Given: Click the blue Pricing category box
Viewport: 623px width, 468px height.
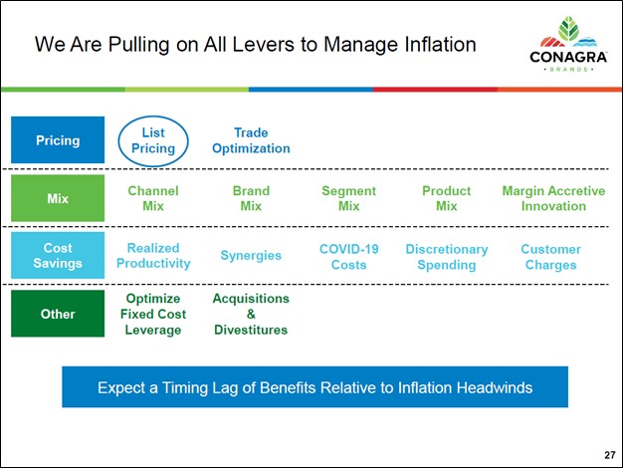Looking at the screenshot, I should click(58, 140).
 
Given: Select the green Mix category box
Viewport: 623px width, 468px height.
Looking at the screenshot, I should click(58, 198).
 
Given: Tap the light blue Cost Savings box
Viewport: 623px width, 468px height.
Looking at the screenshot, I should click(58, 256).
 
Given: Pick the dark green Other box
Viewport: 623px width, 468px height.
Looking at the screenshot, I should click(58, 314).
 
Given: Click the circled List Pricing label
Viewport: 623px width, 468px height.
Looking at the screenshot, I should click(153, 140).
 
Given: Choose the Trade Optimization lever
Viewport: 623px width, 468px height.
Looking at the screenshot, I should click(251, 140).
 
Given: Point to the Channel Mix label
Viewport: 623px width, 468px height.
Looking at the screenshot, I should click(153, 198).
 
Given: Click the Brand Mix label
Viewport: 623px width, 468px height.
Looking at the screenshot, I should click(251, 198).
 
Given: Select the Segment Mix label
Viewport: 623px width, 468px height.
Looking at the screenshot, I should click(348, 198).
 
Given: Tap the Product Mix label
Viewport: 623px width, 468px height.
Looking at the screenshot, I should click(446, 198).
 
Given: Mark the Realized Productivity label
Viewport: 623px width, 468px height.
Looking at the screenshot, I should click(153, 256).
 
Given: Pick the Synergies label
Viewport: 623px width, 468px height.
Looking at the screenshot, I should click(251, 256).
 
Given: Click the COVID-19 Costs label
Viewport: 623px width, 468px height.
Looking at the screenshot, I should click(348, 256).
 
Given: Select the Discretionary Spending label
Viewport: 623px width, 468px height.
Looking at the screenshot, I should click(446, 256).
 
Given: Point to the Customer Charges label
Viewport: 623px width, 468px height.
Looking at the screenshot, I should click(550, 256).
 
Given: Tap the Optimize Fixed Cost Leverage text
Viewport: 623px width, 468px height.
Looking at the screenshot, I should click(153, 314).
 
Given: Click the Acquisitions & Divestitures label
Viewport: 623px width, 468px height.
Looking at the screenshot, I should click(251, 314).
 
